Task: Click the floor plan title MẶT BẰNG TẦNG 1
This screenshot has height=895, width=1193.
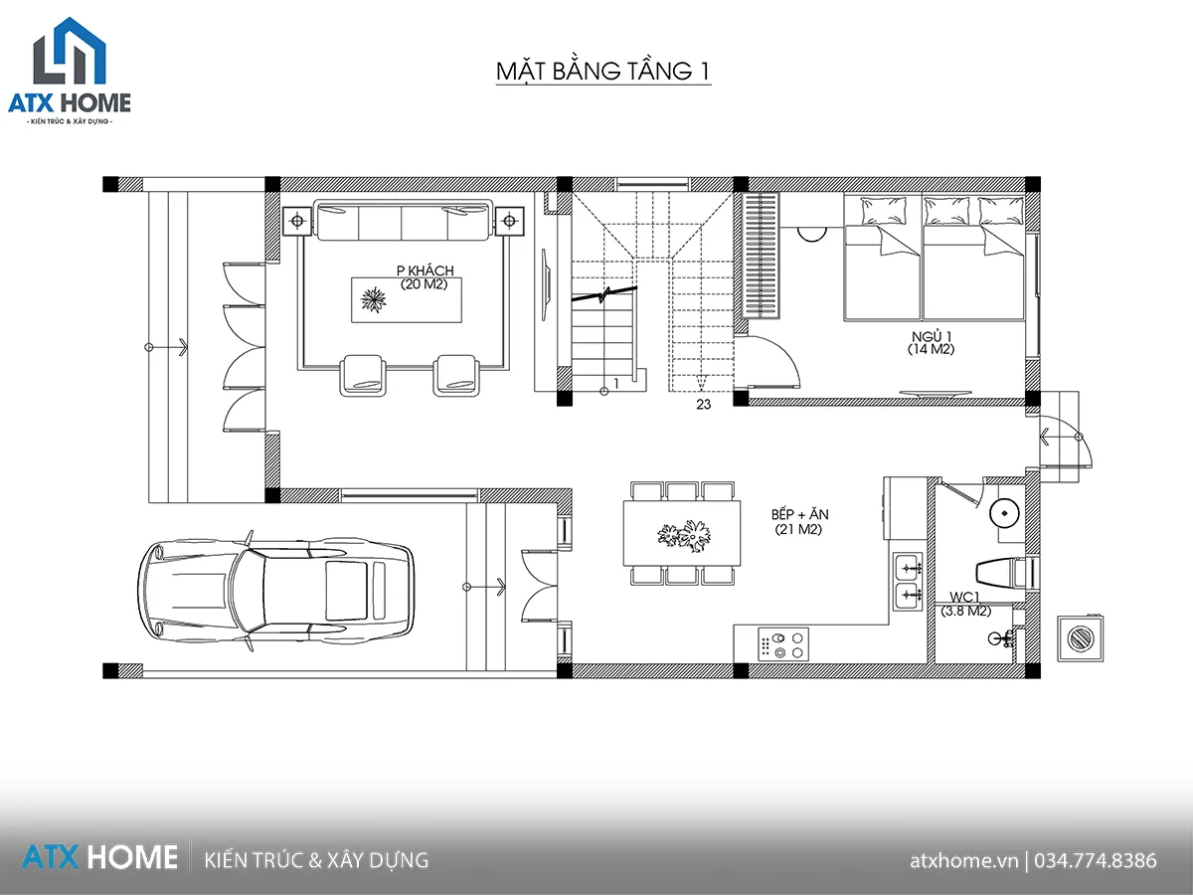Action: pyautogui.click(x=603, y=72)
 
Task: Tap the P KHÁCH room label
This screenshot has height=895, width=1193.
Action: pyautogui.click(x=426, y=270)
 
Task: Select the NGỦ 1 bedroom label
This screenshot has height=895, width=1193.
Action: pyautogui.click(x=932, y=336)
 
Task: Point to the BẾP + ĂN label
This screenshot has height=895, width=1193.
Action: pyautogui.click(x=799, y=514)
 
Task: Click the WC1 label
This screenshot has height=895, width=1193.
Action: pyautogui.click(x=964, y=598)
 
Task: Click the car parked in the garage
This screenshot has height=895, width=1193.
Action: pyautogui.click(x=275, y=589)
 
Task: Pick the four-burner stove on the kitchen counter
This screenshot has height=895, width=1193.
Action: pyautogui.click(x=783, y=644)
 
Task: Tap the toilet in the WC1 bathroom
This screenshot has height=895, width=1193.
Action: pyautogui.click(x=1005, y=572)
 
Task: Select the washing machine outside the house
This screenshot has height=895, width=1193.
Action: pyautogui.click(x=1080, y=638)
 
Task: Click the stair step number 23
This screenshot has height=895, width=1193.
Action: pyautogui.click(x=703, y=405)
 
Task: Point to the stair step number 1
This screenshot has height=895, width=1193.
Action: pyautogui.click(x=616, y=383)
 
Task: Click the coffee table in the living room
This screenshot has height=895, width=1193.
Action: pyautogui.click(x=407, y=300)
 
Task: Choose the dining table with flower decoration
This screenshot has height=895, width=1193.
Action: pyautogui.click(x=682, y=534)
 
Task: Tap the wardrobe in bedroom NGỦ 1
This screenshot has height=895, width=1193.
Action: pyautogui.click(x=761, y=256)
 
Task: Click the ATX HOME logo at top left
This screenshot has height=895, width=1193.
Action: pyautogui.click(x=70, y=72)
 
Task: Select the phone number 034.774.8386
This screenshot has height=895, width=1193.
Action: pyautogui.click(x=1096, y=860)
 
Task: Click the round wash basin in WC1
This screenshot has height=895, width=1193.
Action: pyautogui.click(x=1004, y=513)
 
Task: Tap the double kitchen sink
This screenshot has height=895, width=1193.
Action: pyautogui.click(x=909, y=582)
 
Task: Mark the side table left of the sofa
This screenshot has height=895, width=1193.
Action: pyautogui.click(x=297, y=221)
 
